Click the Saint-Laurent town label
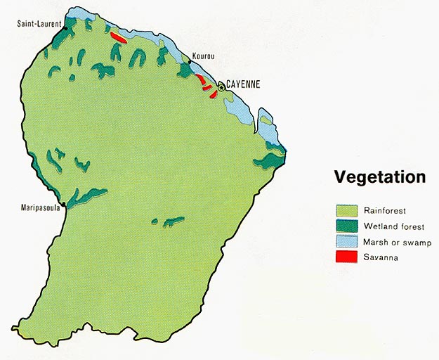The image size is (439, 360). [39, 24]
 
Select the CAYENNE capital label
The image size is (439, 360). [243, 84]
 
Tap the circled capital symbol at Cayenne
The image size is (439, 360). [221, 87]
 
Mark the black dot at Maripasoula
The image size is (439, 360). [63, 205]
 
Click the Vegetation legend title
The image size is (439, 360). [379, 176]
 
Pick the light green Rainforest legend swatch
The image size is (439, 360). [346, 210]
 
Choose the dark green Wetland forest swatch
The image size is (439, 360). [346, 226]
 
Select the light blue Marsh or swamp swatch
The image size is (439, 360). [346, 242]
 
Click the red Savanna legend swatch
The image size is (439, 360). [346, 257]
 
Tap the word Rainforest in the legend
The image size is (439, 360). [385, 210]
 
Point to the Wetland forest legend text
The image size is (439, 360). [394, 226]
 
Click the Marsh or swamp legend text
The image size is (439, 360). [398, 243]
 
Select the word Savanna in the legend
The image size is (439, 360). [381, 258]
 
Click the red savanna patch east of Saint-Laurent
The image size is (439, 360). [118, 37]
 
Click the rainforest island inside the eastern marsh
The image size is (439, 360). [267, 120]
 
